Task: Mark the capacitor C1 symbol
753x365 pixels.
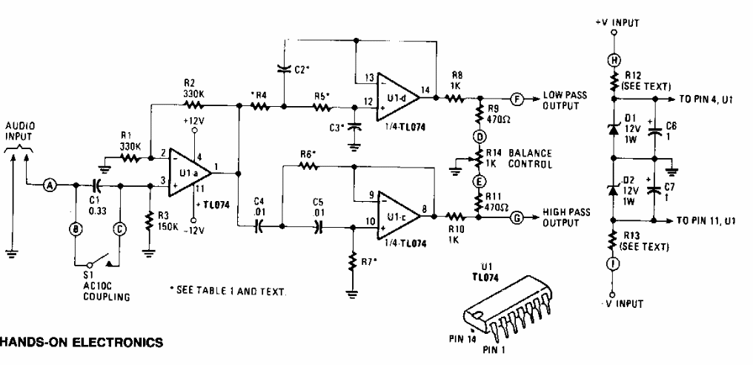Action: (x=96, y=186)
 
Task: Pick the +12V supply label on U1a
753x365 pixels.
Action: (x=193, y=121)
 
